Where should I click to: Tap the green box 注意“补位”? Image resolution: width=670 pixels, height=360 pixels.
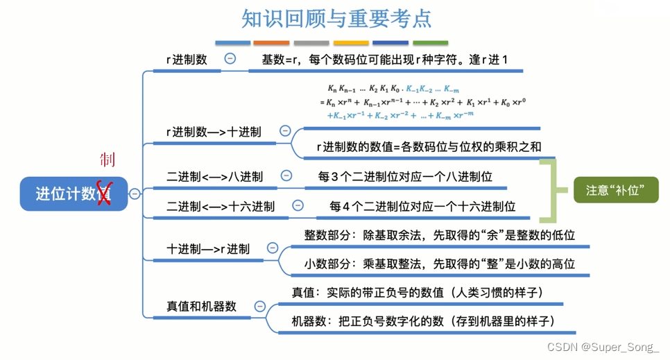(x=616, y=189)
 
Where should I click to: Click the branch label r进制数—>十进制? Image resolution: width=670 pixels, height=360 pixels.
(x=214, y=132)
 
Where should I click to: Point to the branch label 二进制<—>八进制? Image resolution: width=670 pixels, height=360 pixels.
(x=214, y=177)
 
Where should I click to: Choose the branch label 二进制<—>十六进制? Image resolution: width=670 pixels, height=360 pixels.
(x=221, y=207)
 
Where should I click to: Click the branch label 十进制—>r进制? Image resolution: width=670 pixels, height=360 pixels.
(x=208, y=248)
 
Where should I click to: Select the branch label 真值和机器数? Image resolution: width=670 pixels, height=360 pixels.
(x=202, y=306)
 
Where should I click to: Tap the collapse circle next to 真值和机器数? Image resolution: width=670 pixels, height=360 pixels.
(x=260, y=306)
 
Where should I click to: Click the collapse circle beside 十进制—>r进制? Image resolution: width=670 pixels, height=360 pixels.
(x=273, y=248)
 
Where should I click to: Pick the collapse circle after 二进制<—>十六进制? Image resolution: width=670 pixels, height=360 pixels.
(x=298, y=205)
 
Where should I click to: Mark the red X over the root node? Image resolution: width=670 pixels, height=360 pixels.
(x=103, y=193)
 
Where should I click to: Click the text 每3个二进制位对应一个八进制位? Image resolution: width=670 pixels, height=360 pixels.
(x=405, y=177)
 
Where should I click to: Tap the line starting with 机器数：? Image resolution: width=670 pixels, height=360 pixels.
(x=423, y=321)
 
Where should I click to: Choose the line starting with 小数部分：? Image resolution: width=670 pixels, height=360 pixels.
(x=439, y=264)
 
